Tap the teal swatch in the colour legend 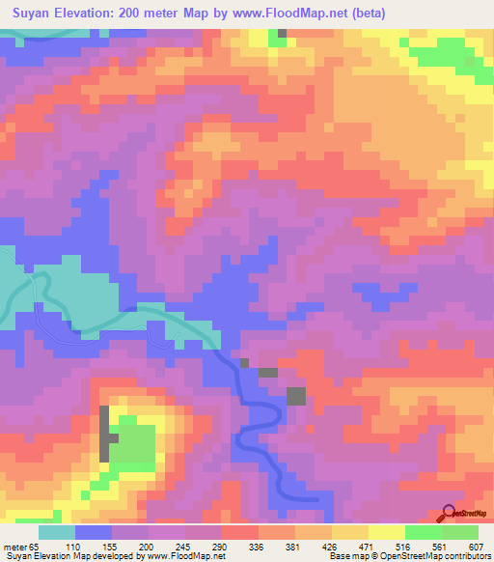pyautogui.click(x=57, y=532)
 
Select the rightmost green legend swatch pyautogui.click(x=460, y=532)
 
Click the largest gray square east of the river pyautogui.click(x=295, y=395)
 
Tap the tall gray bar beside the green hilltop pyautogui.click(x=102, y=435)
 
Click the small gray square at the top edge pyautogui.click(x=282, y=33)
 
